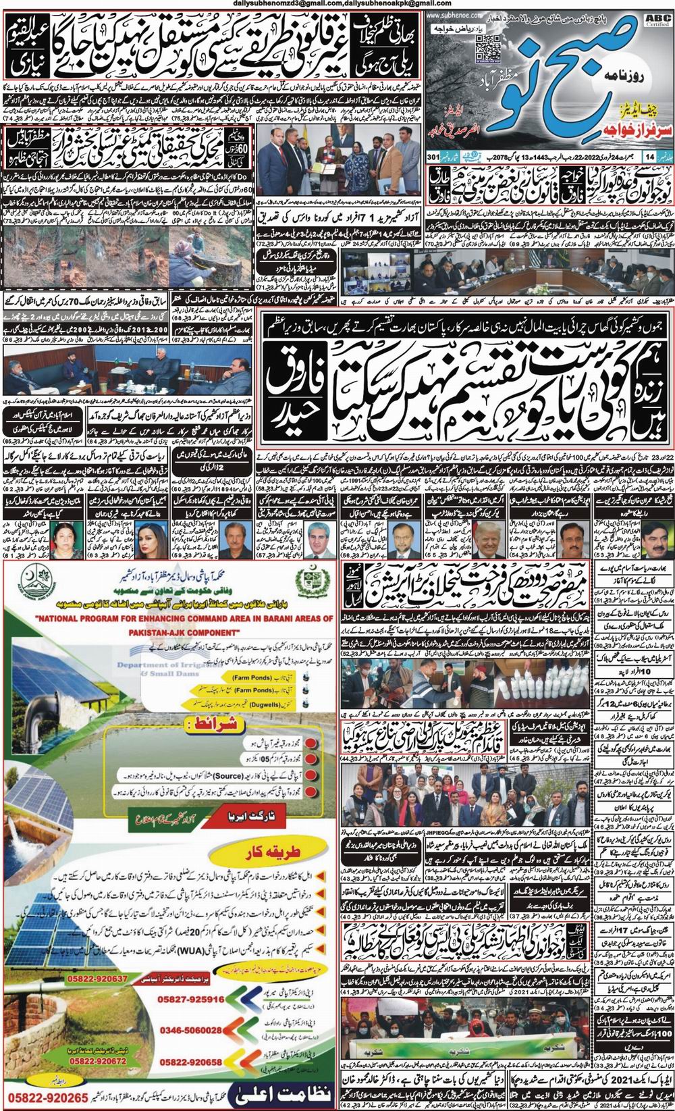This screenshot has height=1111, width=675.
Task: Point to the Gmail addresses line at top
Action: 337,5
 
